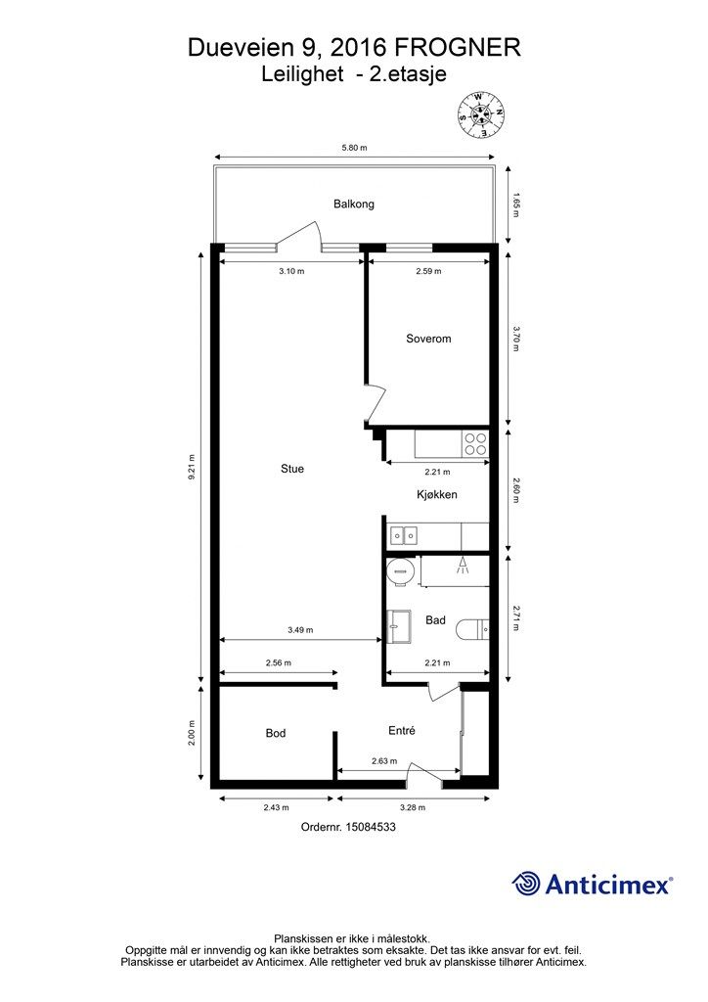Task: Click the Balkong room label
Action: tap(354, 204)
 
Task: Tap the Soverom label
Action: tap(428, 339)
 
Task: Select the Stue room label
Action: tap(292, 469)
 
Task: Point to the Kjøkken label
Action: tap(437, 494)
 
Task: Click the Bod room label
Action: tap(276, 733)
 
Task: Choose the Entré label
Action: tap(402, 730)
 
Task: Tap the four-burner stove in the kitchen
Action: tap(475, 444)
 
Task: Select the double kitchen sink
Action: tap(403, 534)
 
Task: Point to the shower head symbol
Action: tap(463, 566)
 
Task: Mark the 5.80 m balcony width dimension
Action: tap(354, 148)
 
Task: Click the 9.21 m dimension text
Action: tap(192, 467)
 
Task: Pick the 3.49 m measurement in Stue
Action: tap(300, 629)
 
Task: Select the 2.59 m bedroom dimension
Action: tap(428, 271)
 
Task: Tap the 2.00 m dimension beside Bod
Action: tap(192, 733)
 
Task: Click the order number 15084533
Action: tap(371, 827)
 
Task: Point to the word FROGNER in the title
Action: tap(457, 48)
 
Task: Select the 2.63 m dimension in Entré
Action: tap(384, 761)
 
